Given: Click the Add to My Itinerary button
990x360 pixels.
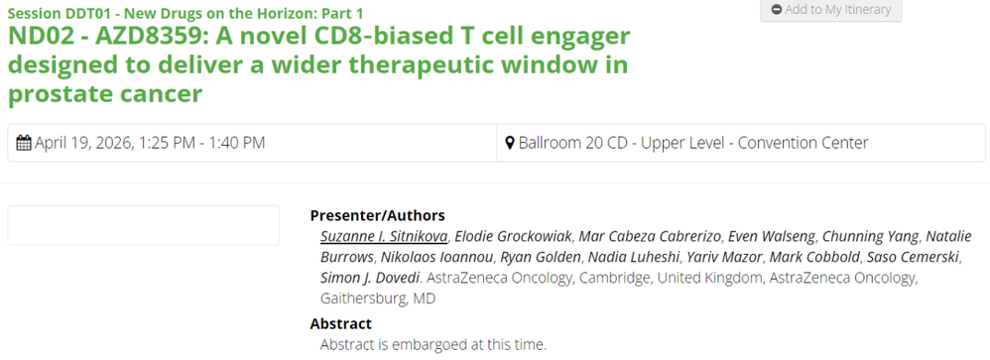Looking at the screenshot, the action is point(831,10).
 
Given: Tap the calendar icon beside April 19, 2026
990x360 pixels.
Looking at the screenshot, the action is point(24,144).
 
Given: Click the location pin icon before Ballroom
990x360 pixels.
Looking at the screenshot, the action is point(510,144).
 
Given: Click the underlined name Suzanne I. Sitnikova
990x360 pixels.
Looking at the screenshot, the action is point(384,236).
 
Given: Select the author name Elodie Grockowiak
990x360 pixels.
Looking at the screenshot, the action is point(513,236).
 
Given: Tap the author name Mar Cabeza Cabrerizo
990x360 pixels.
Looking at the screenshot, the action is point(650,236).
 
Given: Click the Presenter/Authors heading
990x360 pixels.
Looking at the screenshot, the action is point(378,215).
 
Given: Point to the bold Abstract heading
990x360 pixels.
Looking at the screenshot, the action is point(341,324).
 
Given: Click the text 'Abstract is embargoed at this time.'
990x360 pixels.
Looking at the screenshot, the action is point(433,345).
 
